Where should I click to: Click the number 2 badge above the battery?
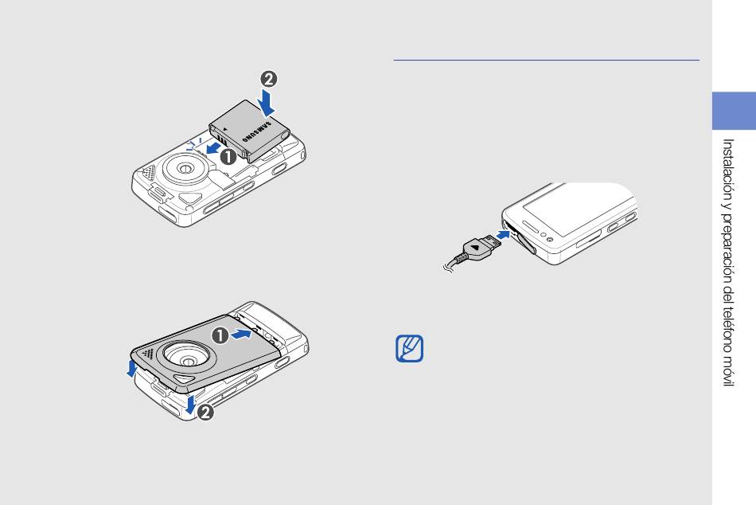pyautogui.click(x=268, y=79)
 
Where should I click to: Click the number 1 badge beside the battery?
pyautogui.click(x=228, y=156)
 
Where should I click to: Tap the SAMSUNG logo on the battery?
pyautogui.click(x=257, y=131)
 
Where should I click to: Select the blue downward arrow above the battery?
pyautogui.click(x=266, y=102)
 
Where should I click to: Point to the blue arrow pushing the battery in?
pyautogui.click(x=212, y=149)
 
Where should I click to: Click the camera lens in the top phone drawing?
pyautogui.click(x=184, y=168)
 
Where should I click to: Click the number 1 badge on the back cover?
pyautogui.click(x=220, y=335)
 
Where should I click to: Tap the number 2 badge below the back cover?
pyautogui.click(x=205, y=413)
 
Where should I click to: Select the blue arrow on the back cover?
pyautogui.click(x=241, y=334)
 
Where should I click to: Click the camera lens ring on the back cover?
pyautogui.click(x=188, y=360)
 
